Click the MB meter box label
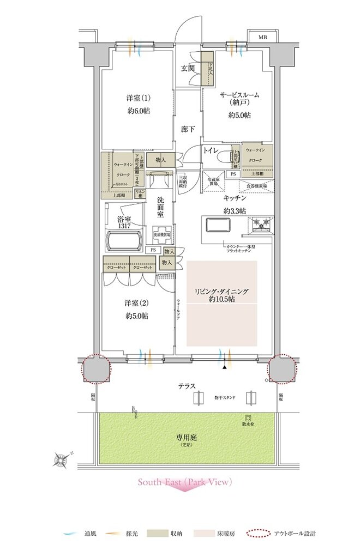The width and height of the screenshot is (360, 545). pyautogui.click(x=263, y=38)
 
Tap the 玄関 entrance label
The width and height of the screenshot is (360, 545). pyautogui.click(x=189, y=69)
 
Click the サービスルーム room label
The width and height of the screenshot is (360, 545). pyautogui.click(x=239, y=95)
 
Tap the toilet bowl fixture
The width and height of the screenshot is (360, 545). pyautogui.click(x=222, y=157)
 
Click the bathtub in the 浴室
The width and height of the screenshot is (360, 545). pyautogui.click(x=124, y=240)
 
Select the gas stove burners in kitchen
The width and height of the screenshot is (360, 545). pyautogui.click(x=259, y=223)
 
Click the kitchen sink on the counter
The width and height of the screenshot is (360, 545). pyautogui.click(x=217, y=224)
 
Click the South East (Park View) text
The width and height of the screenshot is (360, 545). pyautogui.click(x=185, y=482)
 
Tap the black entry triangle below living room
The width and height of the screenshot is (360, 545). pyautogui.click(x=224, y=368)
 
